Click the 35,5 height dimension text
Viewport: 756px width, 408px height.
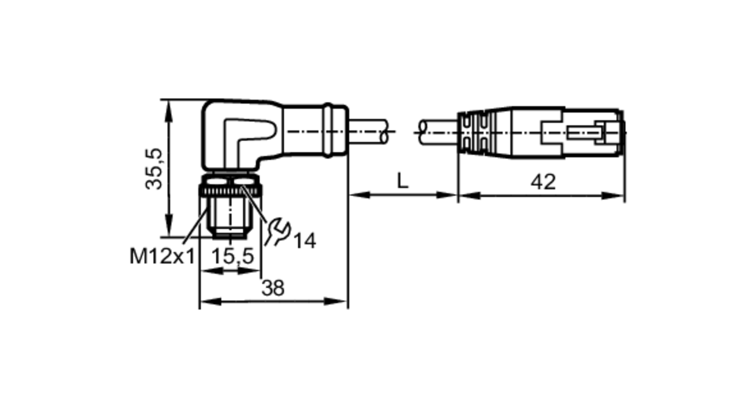pos(154,169)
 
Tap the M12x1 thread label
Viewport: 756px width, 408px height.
pos(162,257)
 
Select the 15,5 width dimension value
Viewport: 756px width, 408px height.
pos(232,257)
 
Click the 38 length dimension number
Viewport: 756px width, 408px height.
pos(273,288)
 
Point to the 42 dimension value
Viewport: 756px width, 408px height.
pos(543,182)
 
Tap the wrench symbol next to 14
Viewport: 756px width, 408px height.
pos(277,231)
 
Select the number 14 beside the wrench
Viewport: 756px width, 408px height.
pos(305,241)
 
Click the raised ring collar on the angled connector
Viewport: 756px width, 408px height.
pos(328,130)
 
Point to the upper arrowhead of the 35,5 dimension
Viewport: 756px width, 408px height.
pos(169,110)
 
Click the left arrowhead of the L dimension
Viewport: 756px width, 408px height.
pos(359,195)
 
